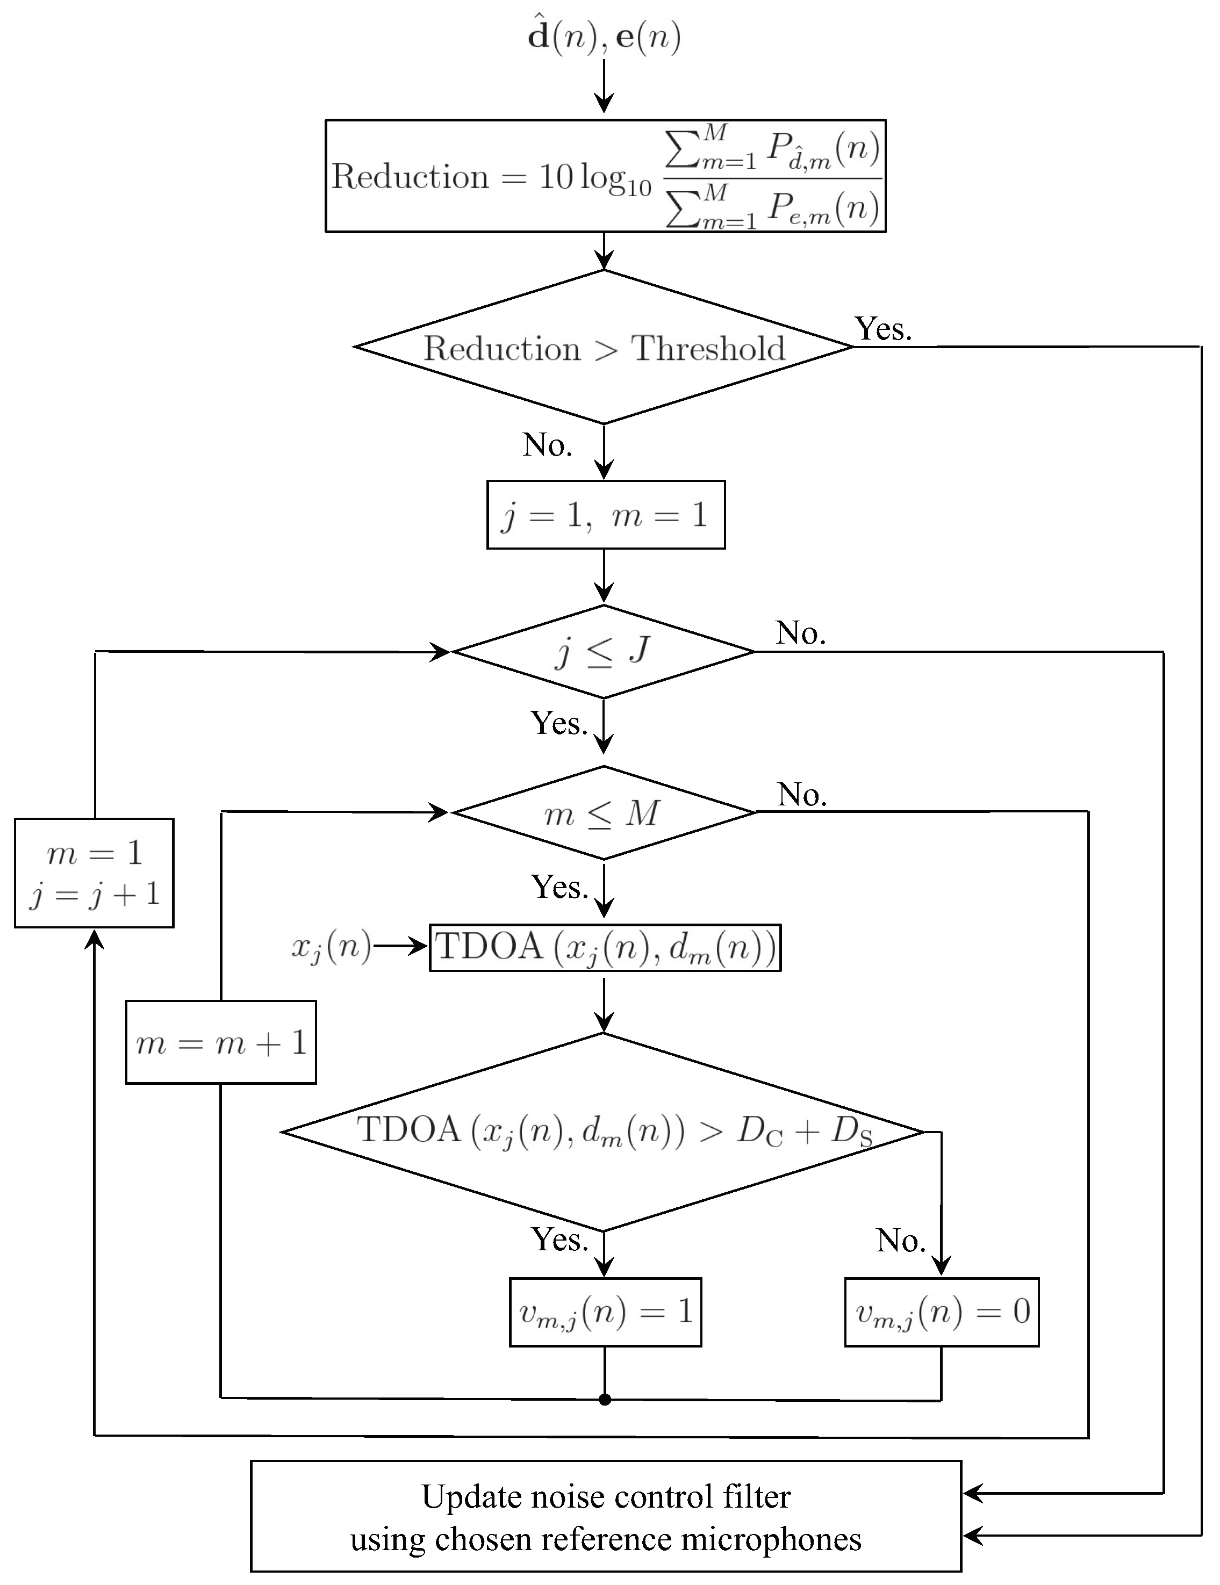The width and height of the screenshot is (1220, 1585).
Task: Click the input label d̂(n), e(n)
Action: coord(604,37)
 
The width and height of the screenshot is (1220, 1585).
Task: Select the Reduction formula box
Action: coord(605,176)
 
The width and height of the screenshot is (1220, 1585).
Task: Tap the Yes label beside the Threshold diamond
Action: coord(882,329)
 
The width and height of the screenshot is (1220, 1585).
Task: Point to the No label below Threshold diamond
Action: coord(547,445)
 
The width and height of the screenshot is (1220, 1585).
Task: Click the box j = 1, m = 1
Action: coord(605,515)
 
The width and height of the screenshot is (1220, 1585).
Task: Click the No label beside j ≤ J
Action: coord(800,633)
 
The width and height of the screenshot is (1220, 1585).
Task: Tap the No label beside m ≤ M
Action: coord(801,795)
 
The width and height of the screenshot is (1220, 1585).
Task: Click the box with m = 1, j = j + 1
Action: coord(95,873)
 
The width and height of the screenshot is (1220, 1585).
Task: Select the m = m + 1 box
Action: coord(221,1043)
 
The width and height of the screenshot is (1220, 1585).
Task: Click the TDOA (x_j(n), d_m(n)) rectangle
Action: coord(605,947)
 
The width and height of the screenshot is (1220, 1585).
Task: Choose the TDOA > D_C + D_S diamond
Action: coord(603,1132)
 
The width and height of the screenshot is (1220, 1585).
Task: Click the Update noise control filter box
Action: coord(605,1517)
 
